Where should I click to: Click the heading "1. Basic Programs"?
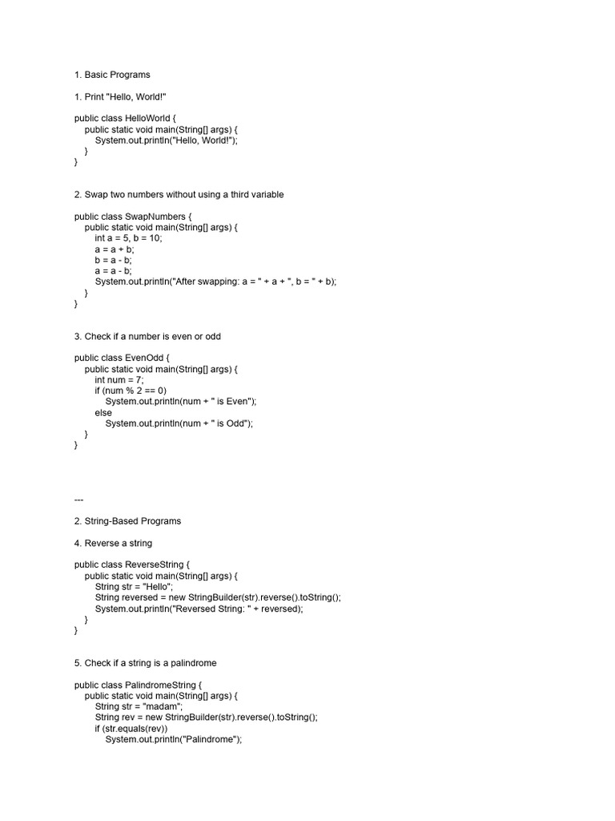[112, 75]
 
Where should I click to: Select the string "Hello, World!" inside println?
[203, 140]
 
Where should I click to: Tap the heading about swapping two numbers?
[179, 195]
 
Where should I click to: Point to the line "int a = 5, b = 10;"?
[128, 238]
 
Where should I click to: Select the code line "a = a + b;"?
[115, 249]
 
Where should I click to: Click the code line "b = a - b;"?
[114, 260]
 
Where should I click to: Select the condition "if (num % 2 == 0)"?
[131, 390]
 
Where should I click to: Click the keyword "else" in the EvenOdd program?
[103, 413]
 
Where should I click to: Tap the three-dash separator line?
[78, 499]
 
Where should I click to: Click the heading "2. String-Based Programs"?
[127, 521]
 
